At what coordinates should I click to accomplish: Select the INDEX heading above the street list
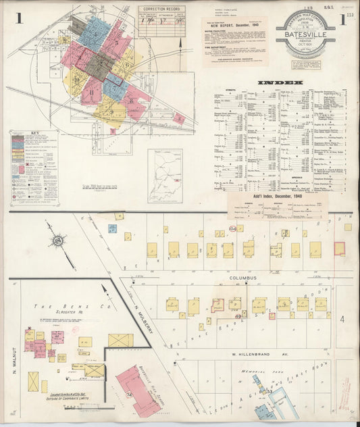pyautogui.click(x=280, y=83)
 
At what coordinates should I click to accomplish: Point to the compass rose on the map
pyautogui.click(x=58, y=241)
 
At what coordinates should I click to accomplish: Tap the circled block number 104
pyautogui.click(x=232, y=229)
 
